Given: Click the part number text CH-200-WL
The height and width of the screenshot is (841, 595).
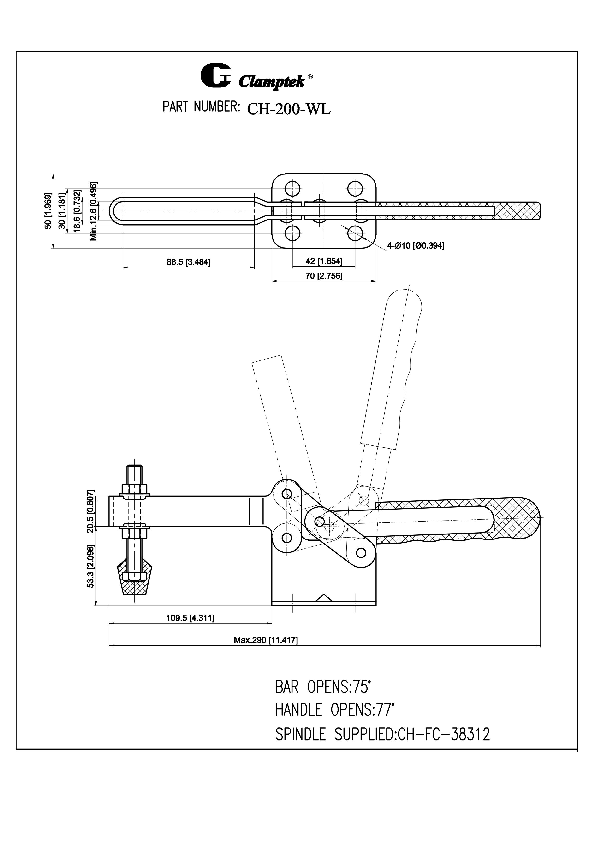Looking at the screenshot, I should point(289,109).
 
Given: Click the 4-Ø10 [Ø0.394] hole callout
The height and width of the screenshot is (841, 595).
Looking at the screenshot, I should point(415,245).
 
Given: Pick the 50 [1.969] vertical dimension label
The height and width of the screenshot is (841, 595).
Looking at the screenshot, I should point(48,211).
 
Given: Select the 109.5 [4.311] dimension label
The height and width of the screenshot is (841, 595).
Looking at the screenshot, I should point(190,618).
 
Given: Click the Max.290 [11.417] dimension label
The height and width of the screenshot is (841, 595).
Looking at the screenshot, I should point(266,640).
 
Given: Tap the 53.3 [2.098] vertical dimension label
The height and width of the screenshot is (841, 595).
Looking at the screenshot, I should point(90,566).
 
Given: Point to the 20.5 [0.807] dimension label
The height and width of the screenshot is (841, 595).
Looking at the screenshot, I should point(90,511).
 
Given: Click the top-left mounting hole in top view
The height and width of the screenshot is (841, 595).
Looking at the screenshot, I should point(292,189).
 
